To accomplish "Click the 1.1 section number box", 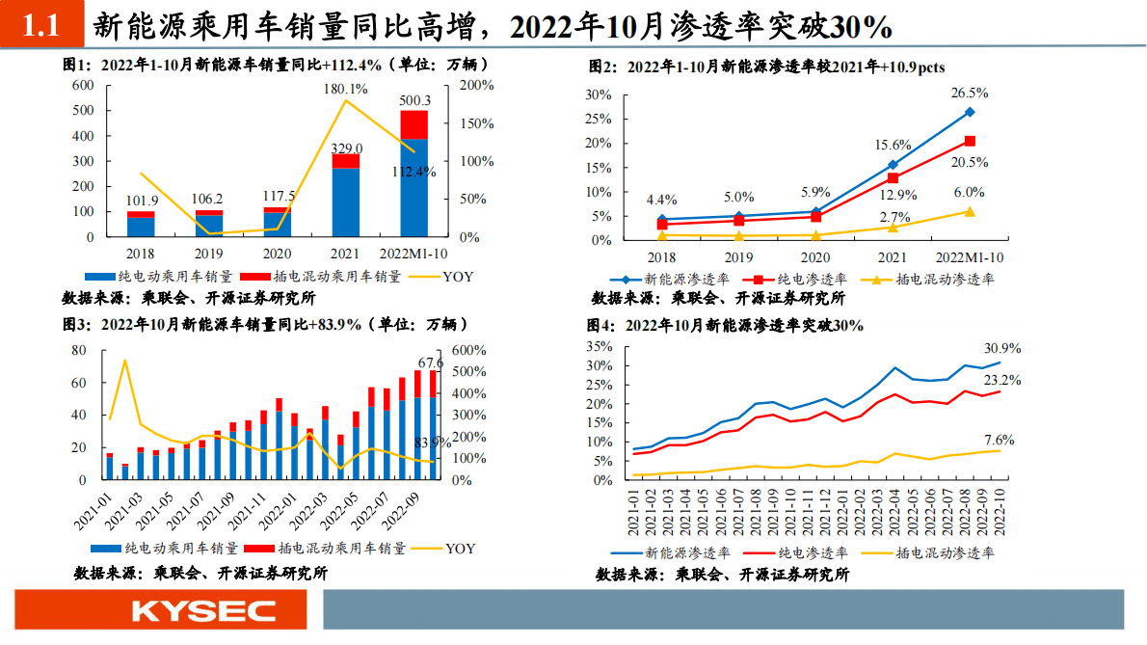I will point(41,27).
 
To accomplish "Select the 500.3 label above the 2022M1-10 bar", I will point(414,100).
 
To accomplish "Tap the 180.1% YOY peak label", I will point(345,89).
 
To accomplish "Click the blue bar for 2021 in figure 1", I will point(346,202).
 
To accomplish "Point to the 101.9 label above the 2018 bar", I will point(141,202).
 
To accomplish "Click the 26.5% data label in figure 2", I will point(970,93).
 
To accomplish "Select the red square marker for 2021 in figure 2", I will point(893,178).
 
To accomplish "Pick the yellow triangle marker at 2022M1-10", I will point(970,212).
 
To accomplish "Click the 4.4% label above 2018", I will point(661,200).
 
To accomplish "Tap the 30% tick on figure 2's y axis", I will point(599,94).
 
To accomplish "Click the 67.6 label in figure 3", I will point(431,363).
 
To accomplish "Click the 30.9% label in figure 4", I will point(1002,348).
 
